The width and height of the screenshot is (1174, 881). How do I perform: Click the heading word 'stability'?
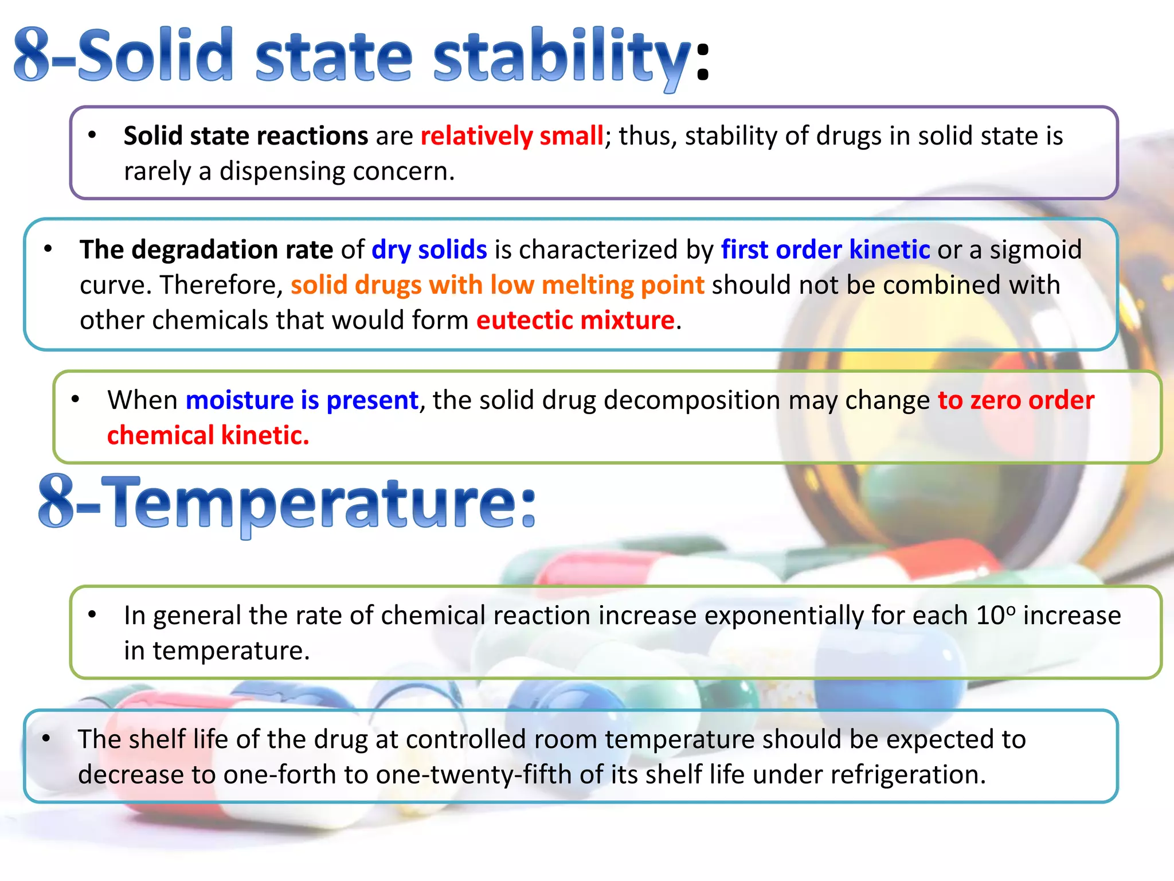(x=562, y=57)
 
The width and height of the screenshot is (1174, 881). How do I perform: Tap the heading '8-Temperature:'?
(x=287, y=503)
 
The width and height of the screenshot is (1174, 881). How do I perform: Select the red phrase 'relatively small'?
(x=511, y=137)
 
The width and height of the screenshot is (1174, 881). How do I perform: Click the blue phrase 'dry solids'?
(x=429, y=250)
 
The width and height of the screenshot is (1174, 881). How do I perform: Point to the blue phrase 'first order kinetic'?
(x=825, y=250)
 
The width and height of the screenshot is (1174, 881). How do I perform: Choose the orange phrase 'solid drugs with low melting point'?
(x=497, y=285)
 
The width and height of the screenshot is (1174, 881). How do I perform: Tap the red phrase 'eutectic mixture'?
(x=575, y=320)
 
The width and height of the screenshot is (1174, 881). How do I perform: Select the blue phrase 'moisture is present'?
(x=302, y=400)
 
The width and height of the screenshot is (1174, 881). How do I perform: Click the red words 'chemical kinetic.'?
(x=208, y=435)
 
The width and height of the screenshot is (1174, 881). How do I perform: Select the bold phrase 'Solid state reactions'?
(x=246, y=137)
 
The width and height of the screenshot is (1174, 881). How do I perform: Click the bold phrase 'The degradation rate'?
(x=206, y=250)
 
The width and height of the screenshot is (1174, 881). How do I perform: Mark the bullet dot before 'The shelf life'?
(x=46, y=738)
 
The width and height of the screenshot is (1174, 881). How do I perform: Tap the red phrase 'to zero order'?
(x=1016, y=400)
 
